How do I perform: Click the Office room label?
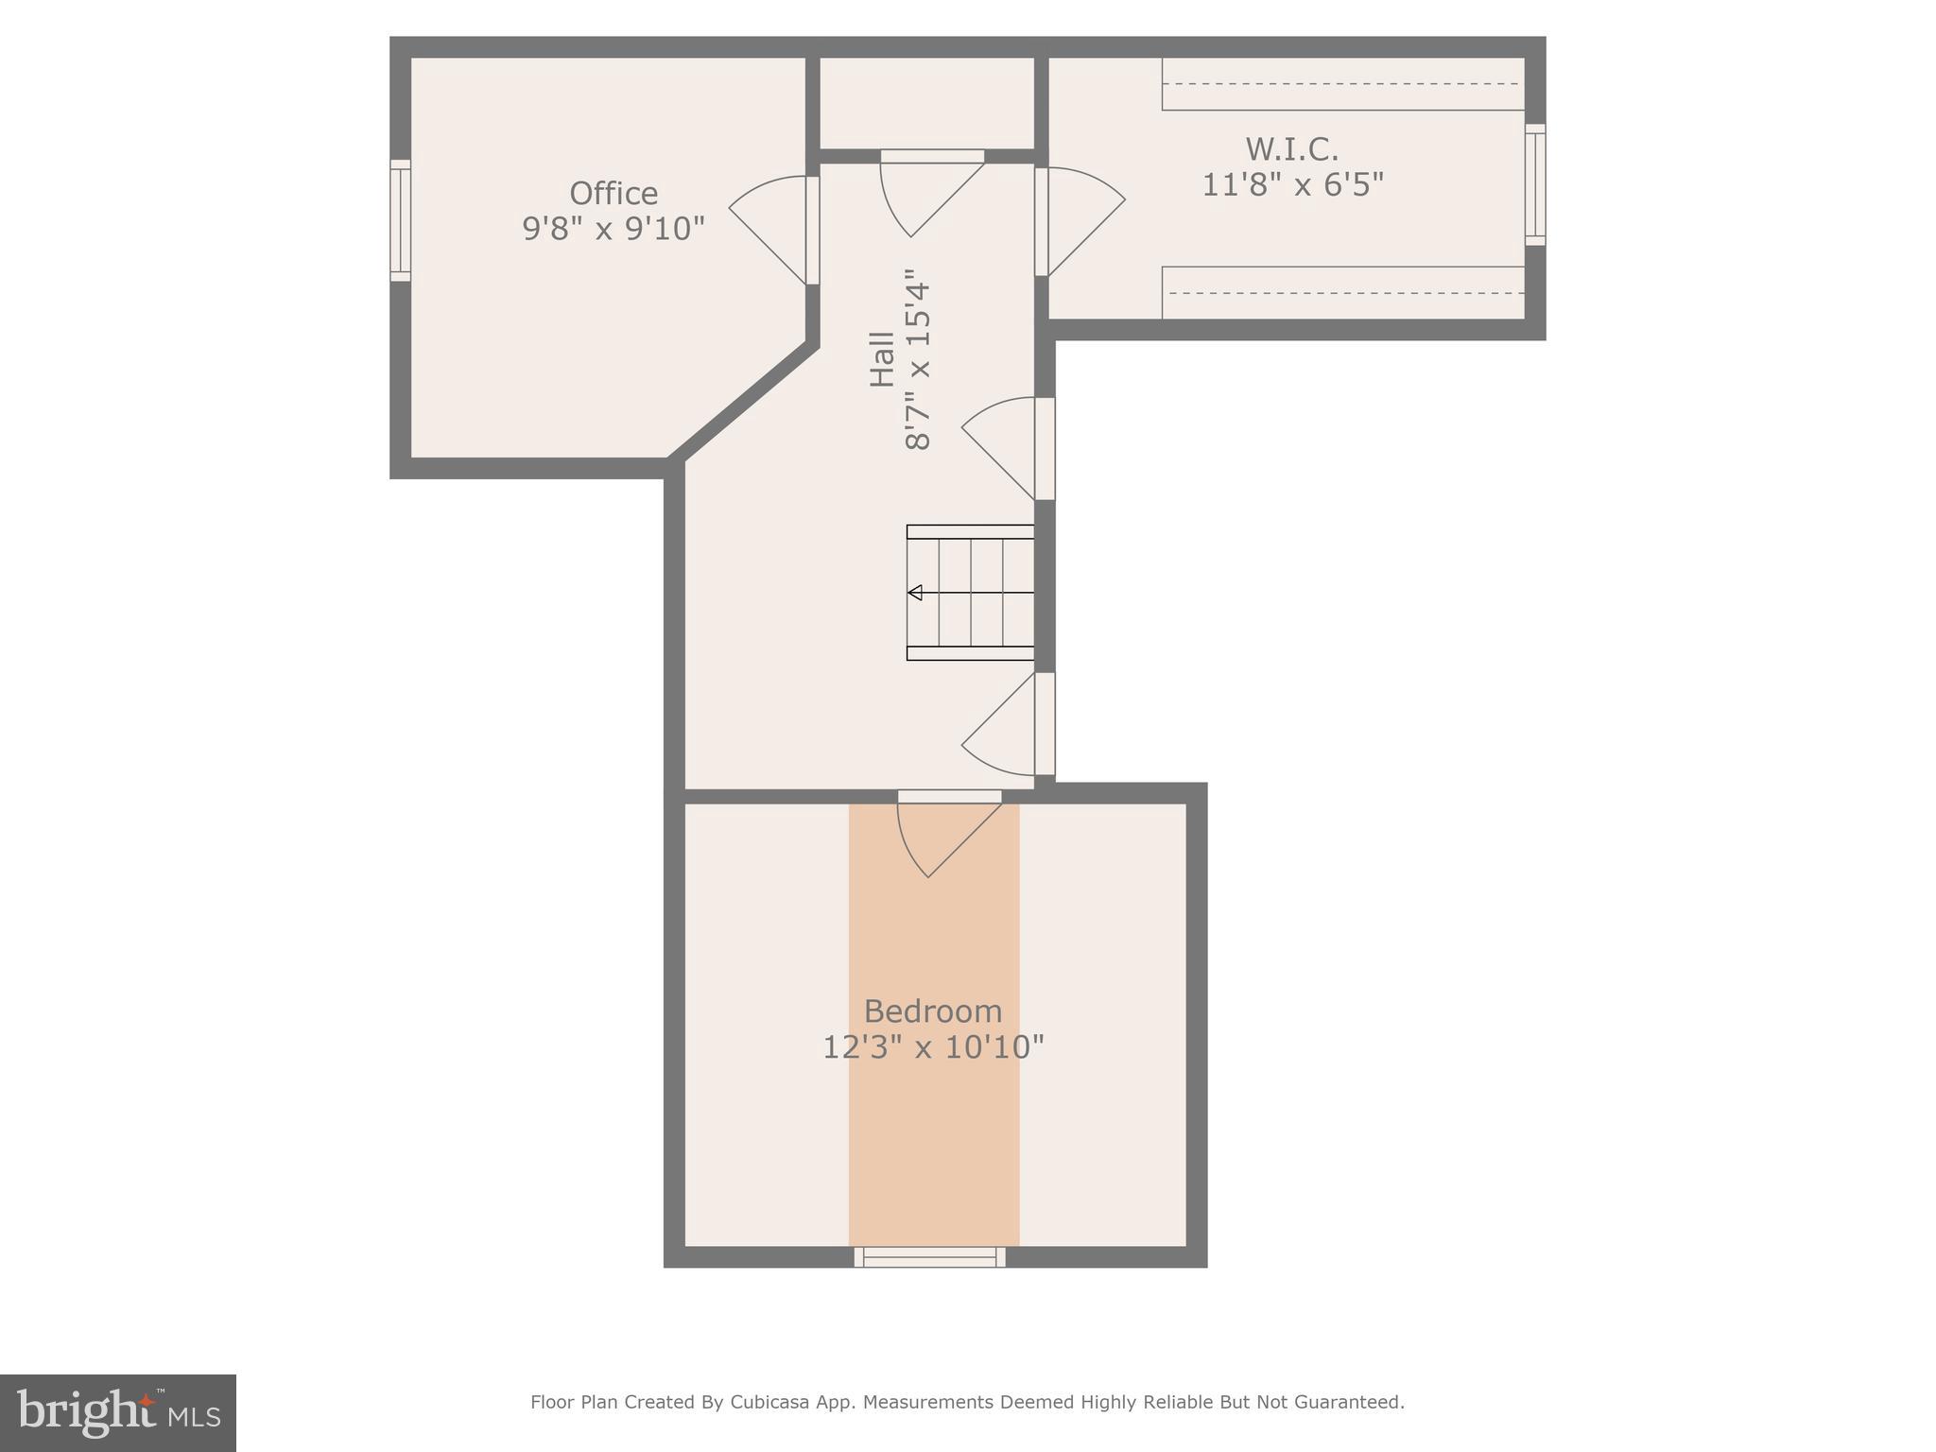pos(614,194)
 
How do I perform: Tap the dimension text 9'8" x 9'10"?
pos(614,229)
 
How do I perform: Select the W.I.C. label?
pos(1291,149)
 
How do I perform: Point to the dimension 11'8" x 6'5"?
pos(1291,184)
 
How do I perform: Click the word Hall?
pos(882,359)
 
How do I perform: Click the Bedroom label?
pos(932,1011)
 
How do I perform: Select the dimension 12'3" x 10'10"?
pos(932,1047)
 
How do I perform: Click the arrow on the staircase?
pos(915,593)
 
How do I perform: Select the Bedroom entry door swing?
pos(941,837)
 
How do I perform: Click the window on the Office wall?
pos(401,220)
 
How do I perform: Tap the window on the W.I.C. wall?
pos(1535,184)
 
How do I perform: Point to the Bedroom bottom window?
pos(929,1256)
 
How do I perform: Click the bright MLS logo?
pos(117,1412)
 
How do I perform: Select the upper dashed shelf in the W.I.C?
pos(1342,84)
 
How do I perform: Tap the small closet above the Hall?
pos(925,102)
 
